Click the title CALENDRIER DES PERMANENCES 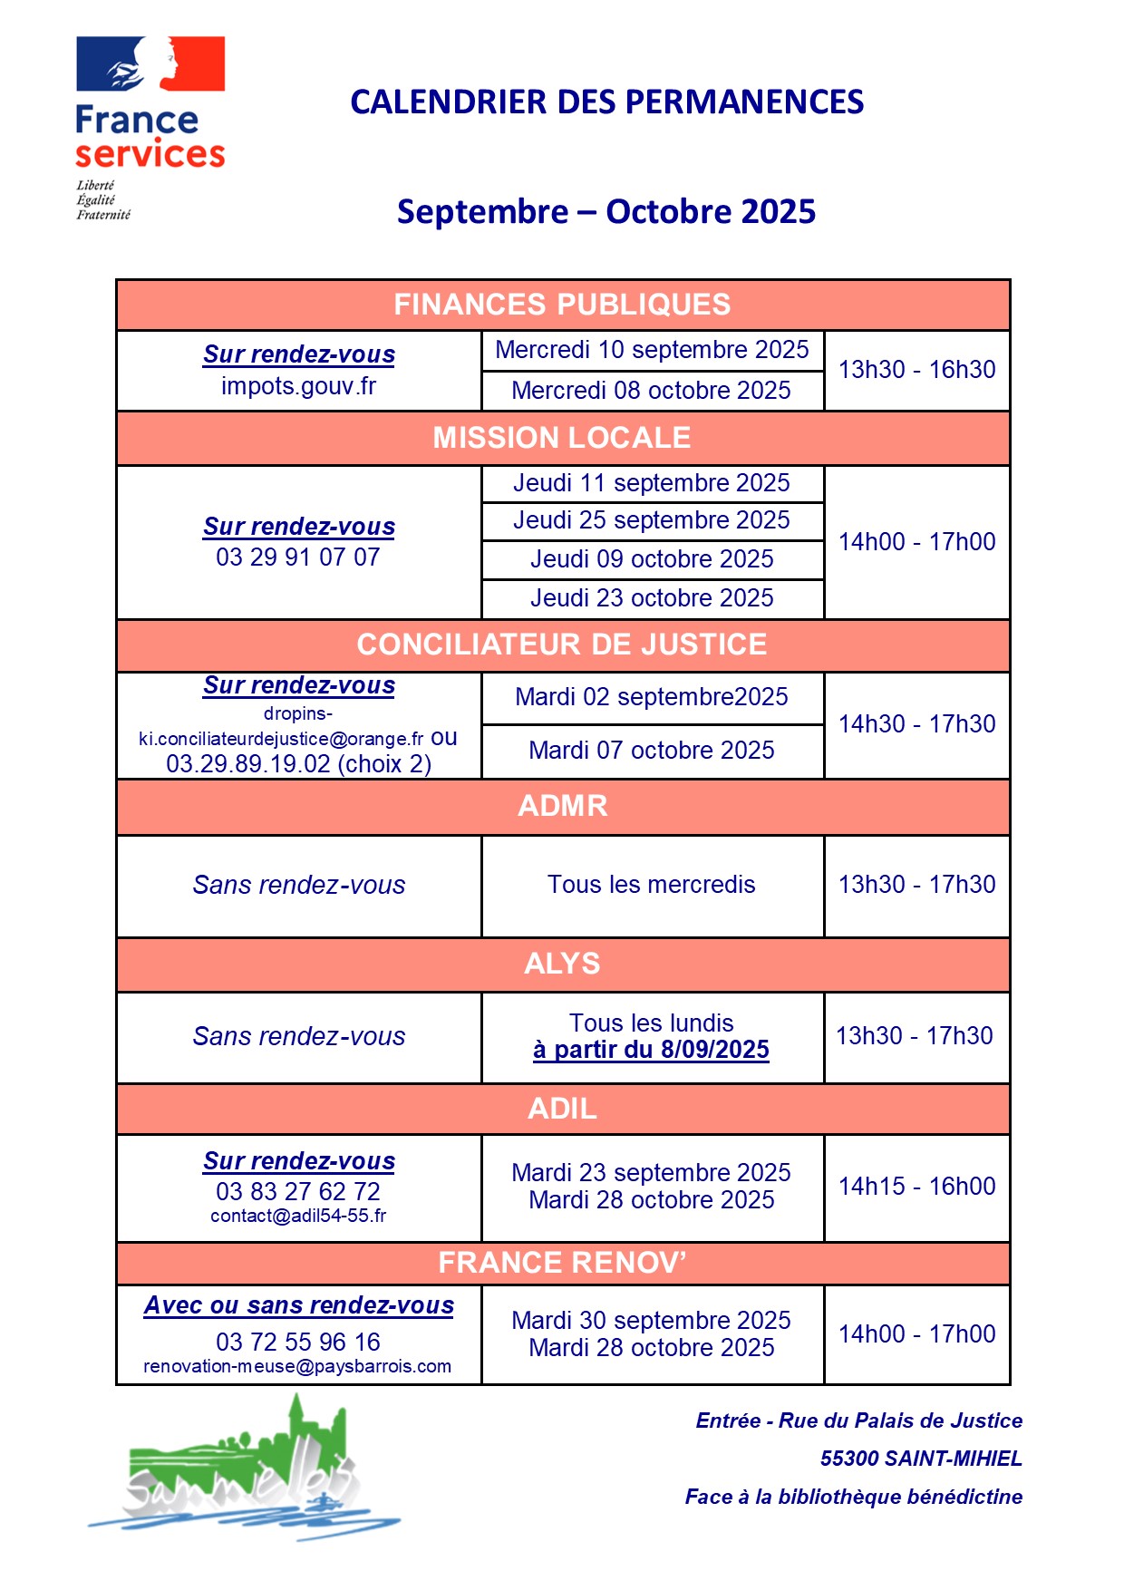(x=606, y=102)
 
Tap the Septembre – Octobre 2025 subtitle (x=606, y=212)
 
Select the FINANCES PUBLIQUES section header (x=562, y=305)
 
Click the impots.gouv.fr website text (x=298, y=386)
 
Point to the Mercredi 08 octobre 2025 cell (x=651, y=391)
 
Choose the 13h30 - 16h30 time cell (x=916, y=370)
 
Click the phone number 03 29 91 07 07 (x=298, y=557)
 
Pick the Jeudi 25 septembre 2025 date (x=651, y=520)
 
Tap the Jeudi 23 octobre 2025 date (x=651, y=598)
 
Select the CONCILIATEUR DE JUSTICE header (x=562, y=645)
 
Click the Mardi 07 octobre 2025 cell (x=651, y=751)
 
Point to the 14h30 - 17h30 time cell (x=916, y=724)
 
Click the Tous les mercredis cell (x=651, y=885)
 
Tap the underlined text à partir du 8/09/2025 (x=651, y=1050)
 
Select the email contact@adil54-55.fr (x=298, y=1216)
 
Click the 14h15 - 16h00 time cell (x=916, y=1187)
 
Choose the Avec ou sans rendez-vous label (x=298, y=1305)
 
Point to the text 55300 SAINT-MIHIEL (x=921, y=1459)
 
